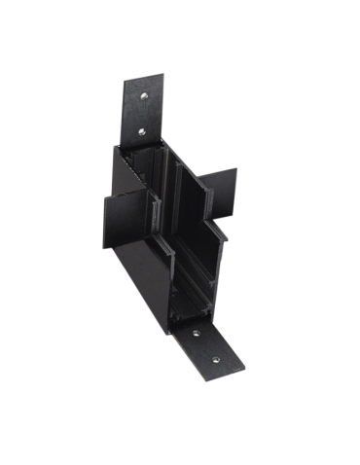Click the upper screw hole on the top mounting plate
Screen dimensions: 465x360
[x=142, y=95]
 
